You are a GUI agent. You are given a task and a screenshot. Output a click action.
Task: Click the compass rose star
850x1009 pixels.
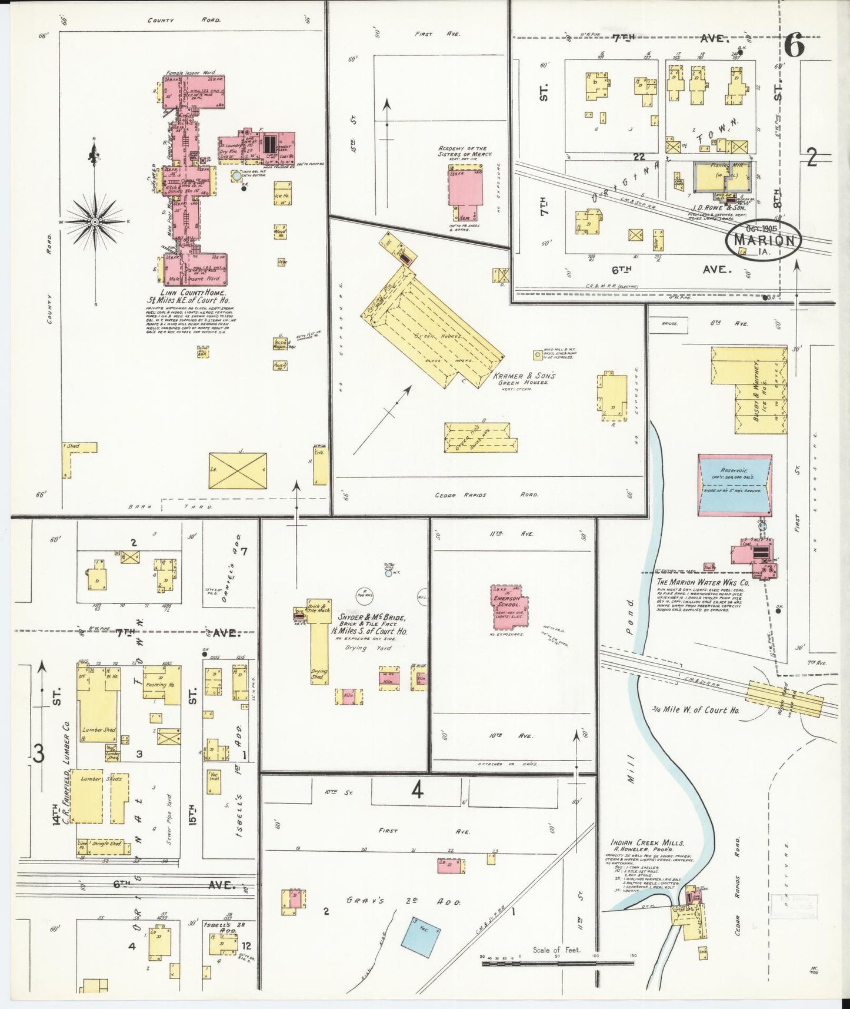pyautogui.click(x=95, y=222)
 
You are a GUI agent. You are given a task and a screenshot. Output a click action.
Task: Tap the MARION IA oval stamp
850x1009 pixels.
pyautogui.click(x=765, y=240)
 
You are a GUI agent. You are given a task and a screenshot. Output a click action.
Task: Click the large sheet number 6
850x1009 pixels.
pyautogui.click(x=794, y=46)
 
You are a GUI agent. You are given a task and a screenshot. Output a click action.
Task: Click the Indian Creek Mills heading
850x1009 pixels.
pyautogui.click(x=647, y=843)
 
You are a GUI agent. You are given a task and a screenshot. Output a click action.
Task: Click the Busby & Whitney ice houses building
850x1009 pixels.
pyautogui.click(x=748, y=390)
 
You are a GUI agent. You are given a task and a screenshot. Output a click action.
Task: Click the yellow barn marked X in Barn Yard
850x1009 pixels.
pyautogui.click(x=238, y=470)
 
